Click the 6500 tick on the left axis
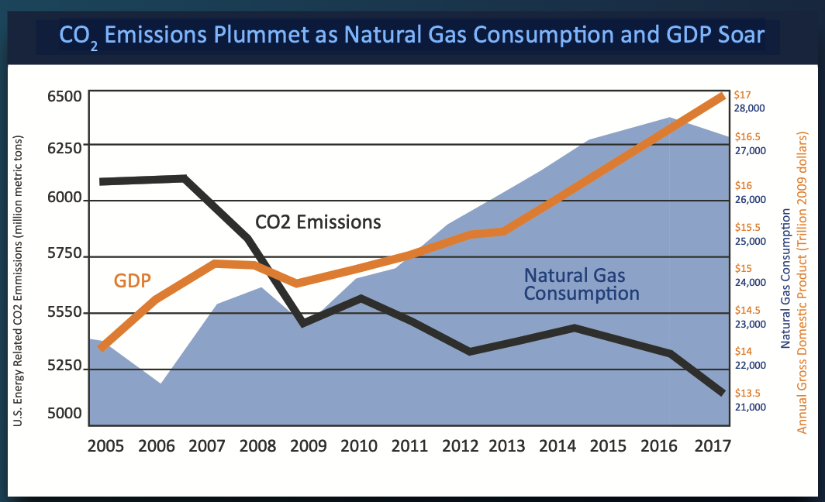coord(64,97)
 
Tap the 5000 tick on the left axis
coord(64,413)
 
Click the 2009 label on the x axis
coord(309,446)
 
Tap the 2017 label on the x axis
coord(715,446)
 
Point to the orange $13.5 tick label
coord(747,393)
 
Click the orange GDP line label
coord(132,280)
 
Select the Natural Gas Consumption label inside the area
coord(581,285)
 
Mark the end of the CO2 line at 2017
coord(721,393)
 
